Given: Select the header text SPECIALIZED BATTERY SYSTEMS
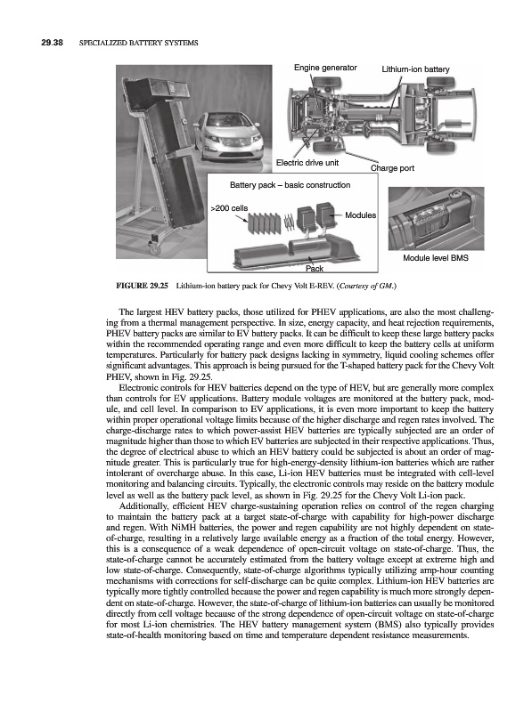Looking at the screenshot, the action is pyautogui.click(x=139, y=43).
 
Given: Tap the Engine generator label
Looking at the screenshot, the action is pyautogui.click(x=325, y=68).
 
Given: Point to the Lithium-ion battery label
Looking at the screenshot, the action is pyautogui.click(x=415, y=69).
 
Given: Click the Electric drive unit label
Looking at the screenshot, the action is pyautogui.click(x=307, y=163).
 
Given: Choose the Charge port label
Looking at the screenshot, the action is pyautogui.click(x=392, y=168).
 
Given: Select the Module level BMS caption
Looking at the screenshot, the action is pyautogui.click(x=436, y=258).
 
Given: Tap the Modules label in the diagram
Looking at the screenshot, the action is pyautogui.click(x=361, y=215).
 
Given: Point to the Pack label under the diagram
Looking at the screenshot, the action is pyautogui.click(x=315, y=269).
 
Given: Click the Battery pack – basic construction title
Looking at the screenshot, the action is pyautogui.click(x=291, y=185).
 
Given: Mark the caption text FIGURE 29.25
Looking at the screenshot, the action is pyautogui.click(x=143, y=286).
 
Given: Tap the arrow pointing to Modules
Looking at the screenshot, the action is pyautogui.click(x=337, y=214).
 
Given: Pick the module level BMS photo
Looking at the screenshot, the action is pyautogui.click(x=436, y=218).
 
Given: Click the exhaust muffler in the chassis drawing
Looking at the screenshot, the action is pyautogui.click(x=451, y=123).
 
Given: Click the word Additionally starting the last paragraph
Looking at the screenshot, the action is pyautogui.click(x=139, y=506).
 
